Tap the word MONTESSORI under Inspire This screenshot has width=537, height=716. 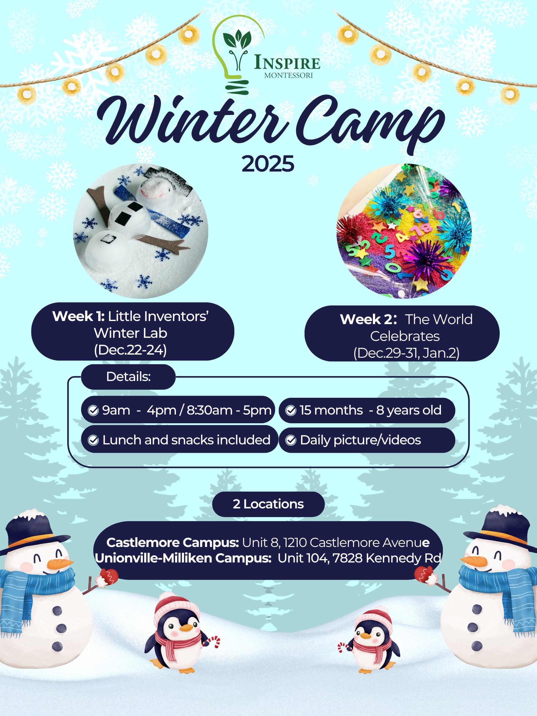[x=288, y=76]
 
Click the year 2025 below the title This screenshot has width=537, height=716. [x=268, y=164]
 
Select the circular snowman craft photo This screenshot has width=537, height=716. [x=140, y=231]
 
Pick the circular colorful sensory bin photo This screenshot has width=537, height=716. [x=404, y=231]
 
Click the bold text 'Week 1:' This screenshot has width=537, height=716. [x=78, y=316]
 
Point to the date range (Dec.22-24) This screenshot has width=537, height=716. [x=131, y=350]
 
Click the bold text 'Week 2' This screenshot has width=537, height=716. [x=366, y=319]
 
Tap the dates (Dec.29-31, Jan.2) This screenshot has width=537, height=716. [x=406, y=353]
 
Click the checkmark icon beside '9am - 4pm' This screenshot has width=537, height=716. [x=93, y=411]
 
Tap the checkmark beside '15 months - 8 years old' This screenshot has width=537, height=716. [x=291, y=411]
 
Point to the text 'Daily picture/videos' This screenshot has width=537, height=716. [x=360, y=440]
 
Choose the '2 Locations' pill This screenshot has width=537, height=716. [x=268, y=504]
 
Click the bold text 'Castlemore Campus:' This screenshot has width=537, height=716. [x=172, y=543]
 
